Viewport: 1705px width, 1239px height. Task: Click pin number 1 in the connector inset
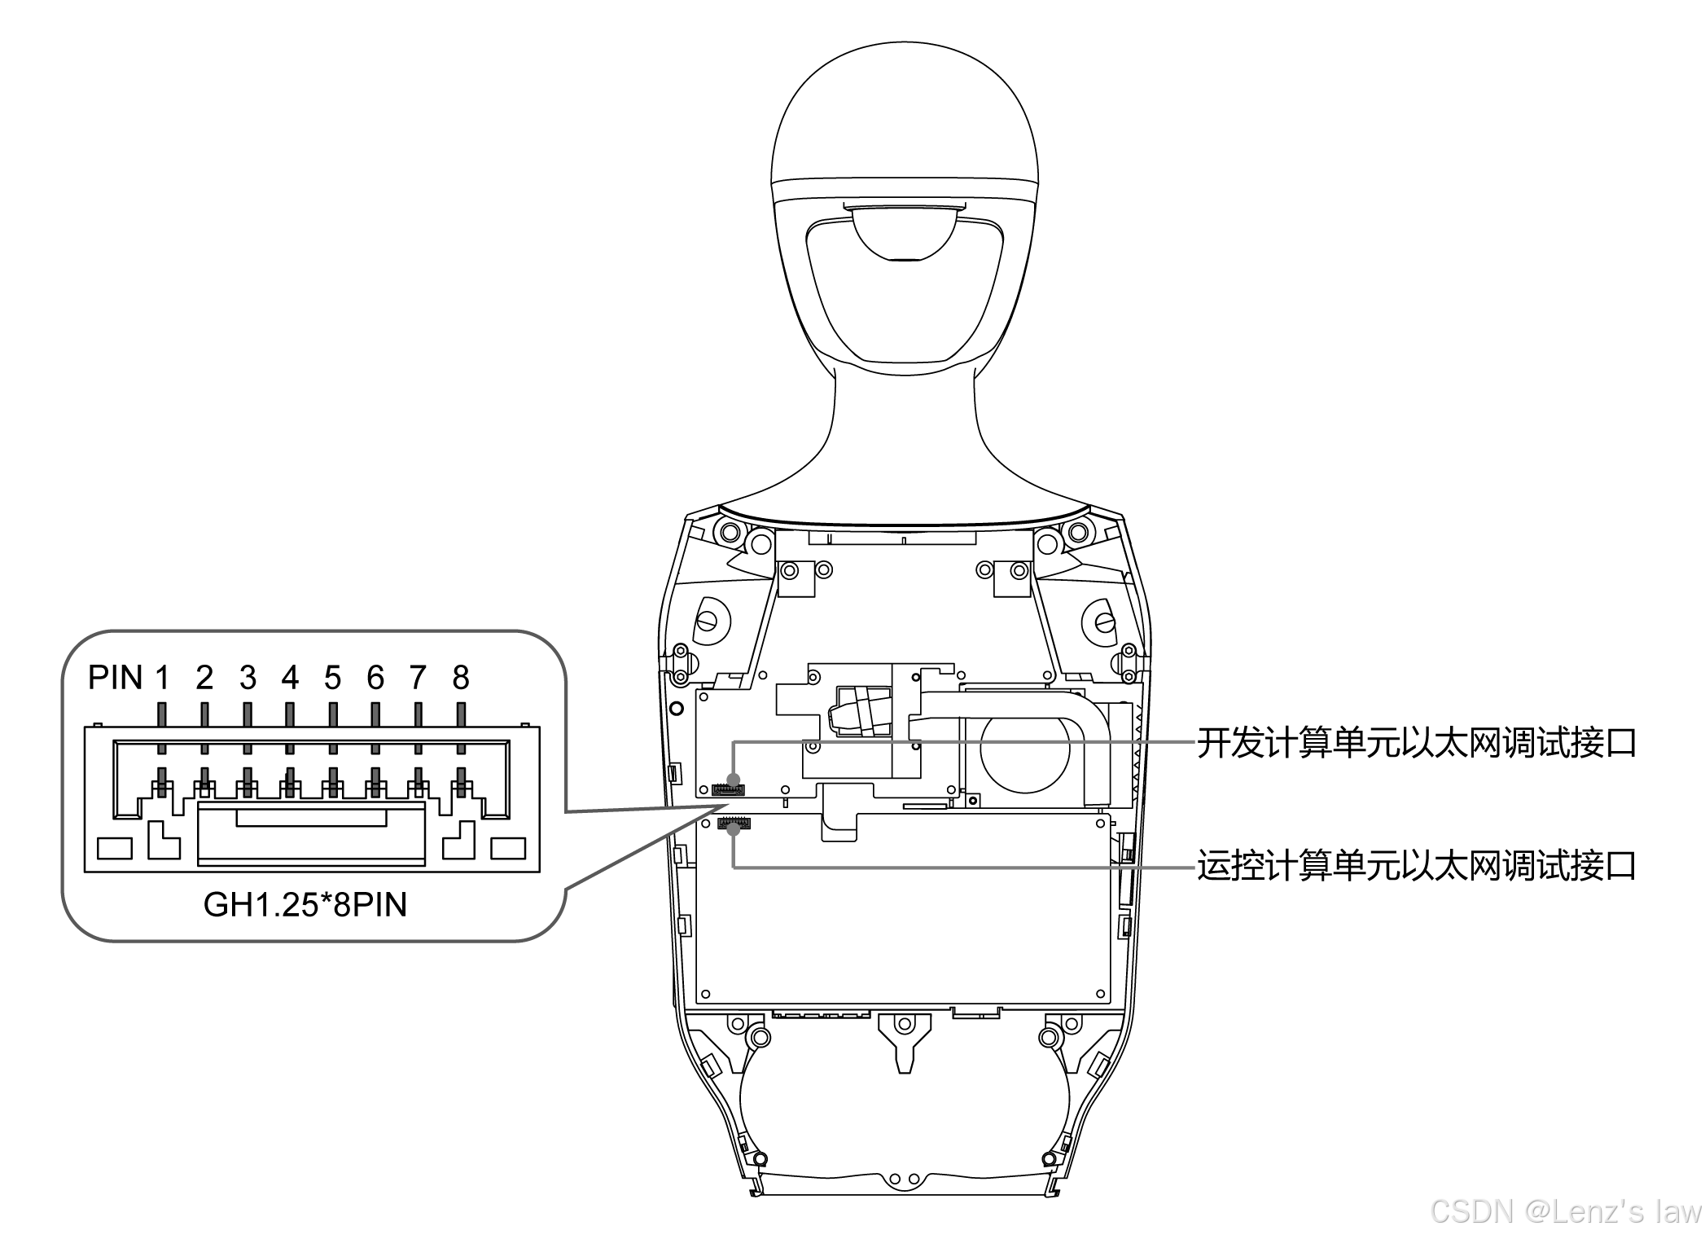pyautogui.click(x=162, y=678)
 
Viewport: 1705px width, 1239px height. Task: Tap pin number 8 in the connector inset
pyautogui.click(x=461, y=678)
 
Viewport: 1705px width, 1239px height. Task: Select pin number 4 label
pyautogui.click(x=290, y=678)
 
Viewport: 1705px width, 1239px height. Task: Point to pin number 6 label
pyautogui.click(x=375, y=678)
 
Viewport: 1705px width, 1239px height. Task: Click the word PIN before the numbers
pyautogui.click(x=116, y=678)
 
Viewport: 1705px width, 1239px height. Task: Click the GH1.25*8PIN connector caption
pyautogui.click(x=305, y=905)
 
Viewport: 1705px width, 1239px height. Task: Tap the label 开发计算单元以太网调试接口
pyautogui.click(x=1416, y=743)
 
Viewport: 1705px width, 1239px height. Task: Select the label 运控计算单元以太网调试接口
pyautogui.click(x=1416, y=865)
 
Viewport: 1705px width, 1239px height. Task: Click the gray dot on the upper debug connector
pyautogui.click(x=734, y=780)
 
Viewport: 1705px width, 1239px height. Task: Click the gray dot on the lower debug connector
pyautogui.click(x=734, y=830)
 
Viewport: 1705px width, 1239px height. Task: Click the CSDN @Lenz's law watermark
pyautogui.click(x=1565, y=1211)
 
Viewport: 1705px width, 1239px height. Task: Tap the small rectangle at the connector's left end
pyautogui.click(x=115, y=848)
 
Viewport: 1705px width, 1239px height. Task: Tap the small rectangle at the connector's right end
pyautogui.click(x=508, y=848)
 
